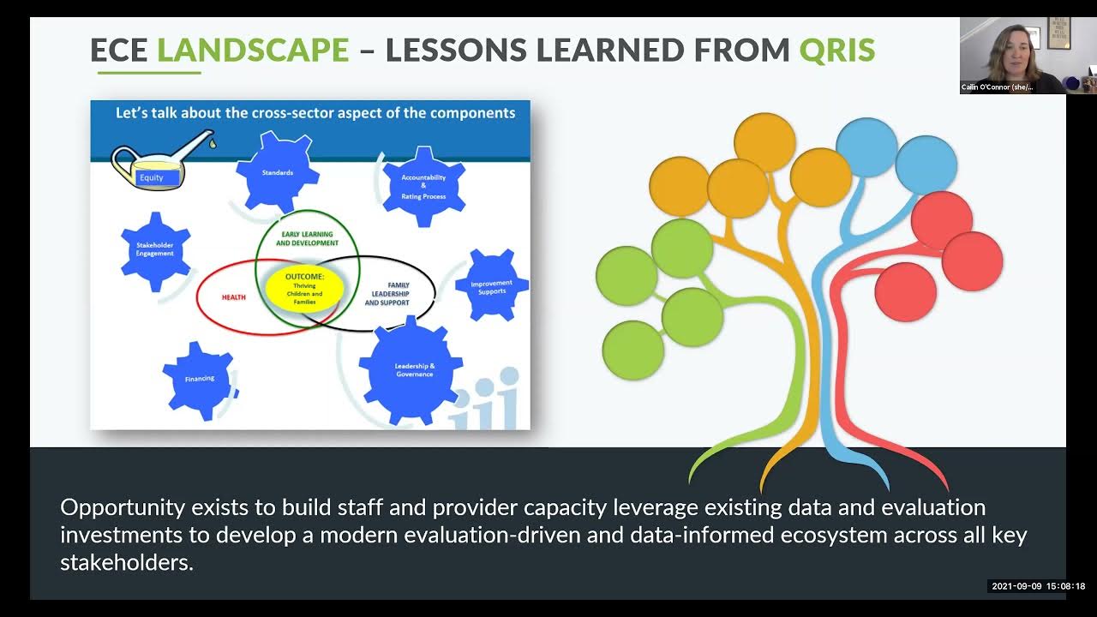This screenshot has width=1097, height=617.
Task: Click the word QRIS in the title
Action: pyautogui.click(x=836, y=50)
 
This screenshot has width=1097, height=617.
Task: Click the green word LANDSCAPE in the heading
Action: pyautogui.click(x=253, y=50)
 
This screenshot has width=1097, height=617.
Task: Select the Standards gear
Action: pyautogui.click(x=277, y=173)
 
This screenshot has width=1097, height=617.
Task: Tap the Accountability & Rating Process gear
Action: pyautogui.click(x=423, y=187)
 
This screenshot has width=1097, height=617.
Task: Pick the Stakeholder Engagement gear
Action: pyautogui.click(x=155, y=250)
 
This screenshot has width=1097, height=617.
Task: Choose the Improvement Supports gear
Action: pyautogui.click(x=492, y=286)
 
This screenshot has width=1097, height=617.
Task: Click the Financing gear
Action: pyautogui.click(x=199, y=379)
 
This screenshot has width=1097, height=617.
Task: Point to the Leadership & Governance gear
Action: pyautogui.click(x=415, y=370)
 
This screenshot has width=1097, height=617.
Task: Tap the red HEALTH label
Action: pyautogui.click(x=234, y=297)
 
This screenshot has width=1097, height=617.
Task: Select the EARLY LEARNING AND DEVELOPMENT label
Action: pyautogui.click(x=307, y=238)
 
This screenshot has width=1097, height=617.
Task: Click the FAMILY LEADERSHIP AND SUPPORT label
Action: pyautogui.click(x=387, y=294)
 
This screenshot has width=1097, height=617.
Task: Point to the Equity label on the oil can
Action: pyautogui.click(x=152, y=177)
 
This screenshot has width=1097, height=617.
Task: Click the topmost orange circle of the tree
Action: pyautogui.click(x=764, y=142)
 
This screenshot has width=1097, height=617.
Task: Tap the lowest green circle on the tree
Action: pyautogui.click(x=633, y=350)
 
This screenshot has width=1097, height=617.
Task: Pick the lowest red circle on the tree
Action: pyautogui.click(x=905, y=292)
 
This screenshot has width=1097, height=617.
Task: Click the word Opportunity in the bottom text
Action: pyautogui.click(x=123, y=507)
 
